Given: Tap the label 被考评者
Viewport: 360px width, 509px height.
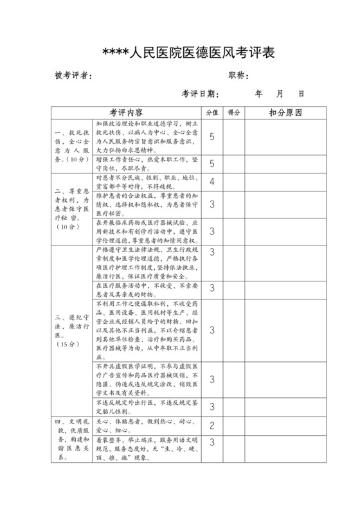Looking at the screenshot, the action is [x=73, y=76].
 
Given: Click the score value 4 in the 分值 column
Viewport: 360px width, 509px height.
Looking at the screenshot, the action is [x=212, y=181].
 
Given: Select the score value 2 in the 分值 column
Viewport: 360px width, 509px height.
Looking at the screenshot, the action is [x=212, y=425].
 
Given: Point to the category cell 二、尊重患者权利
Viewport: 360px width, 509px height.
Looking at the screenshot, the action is [x=71, y=208].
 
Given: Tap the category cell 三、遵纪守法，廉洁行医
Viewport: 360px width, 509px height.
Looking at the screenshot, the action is [x=71, y=330].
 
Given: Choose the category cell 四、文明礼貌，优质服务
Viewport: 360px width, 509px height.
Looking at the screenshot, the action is [x=71, y=441].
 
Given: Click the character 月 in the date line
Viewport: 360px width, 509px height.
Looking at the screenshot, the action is [x=279, y=94].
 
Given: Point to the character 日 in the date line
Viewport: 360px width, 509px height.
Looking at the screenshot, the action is [x=300, y=94].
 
